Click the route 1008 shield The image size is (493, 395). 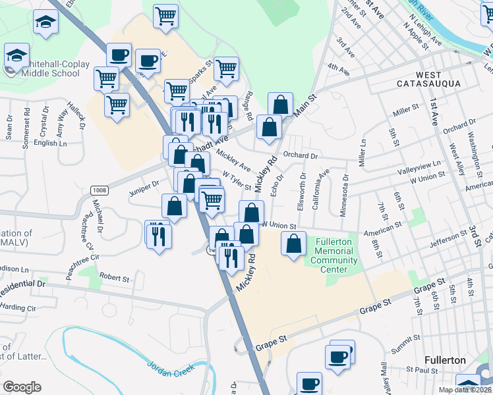[x=99, y=190]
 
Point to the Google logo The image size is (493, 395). [x=22, y=387]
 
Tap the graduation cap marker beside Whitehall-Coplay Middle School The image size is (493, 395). [x=16, y=55]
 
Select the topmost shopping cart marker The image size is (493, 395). [x=165, y=15]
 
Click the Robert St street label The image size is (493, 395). [x=115, y=278]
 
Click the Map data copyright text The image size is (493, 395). [x=465, y=390]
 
